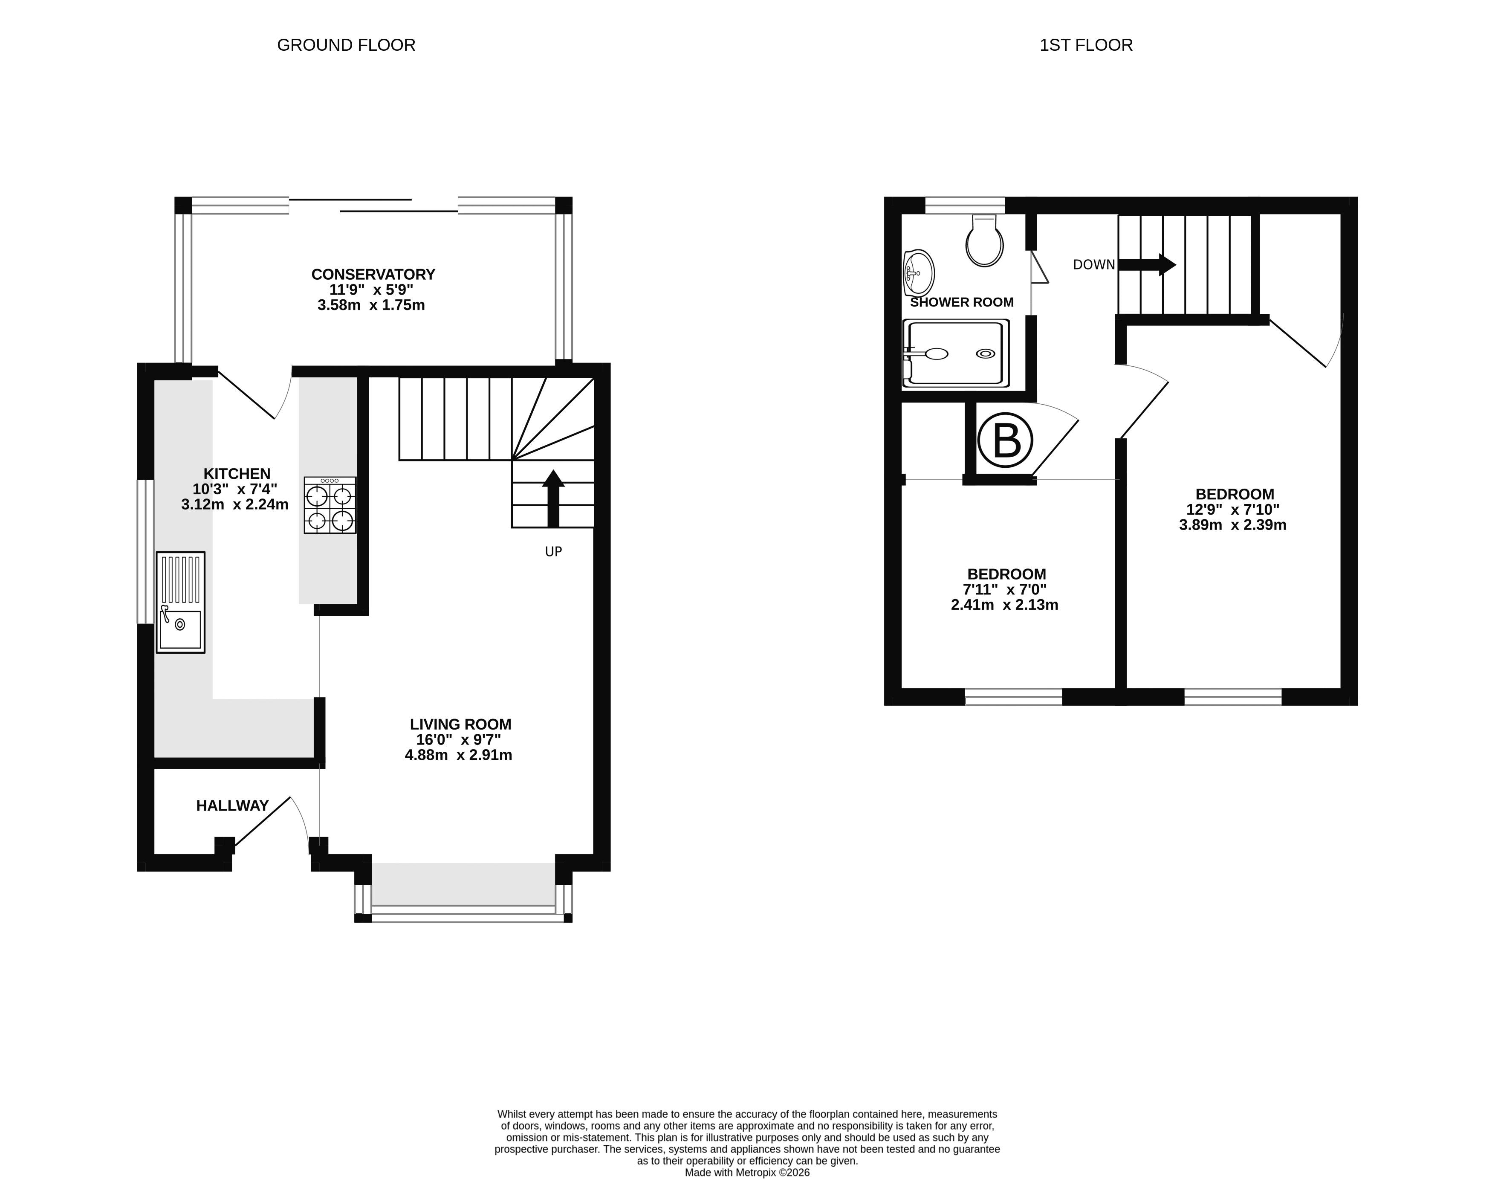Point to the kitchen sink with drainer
click(180, 602)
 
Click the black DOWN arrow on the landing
click(1146, 264)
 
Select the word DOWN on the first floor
click(1093, 264)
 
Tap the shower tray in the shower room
click(955, 353)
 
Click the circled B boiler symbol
click(1005, 440)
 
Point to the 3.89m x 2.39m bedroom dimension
click(1232, 524)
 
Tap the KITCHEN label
click(237, 474)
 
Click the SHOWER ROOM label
click(961, 302)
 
